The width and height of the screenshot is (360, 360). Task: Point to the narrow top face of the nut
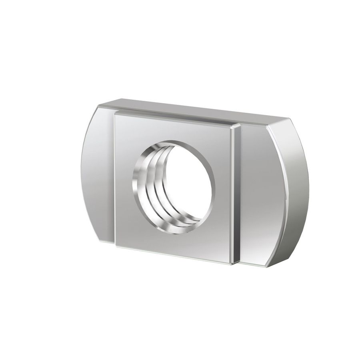[192, 111]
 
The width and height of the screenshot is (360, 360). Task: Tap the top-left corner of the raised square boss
[115, 113]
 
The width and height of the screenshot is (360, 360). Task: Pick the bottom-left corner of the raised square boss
[116, 246]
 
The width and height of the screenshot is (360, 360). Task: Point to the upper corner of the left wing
[99, 105]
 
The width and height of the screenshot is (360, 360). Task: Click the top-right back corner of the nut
[287, 119]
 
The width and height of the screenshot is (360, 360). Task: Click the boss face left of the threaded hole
[123, 180]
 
